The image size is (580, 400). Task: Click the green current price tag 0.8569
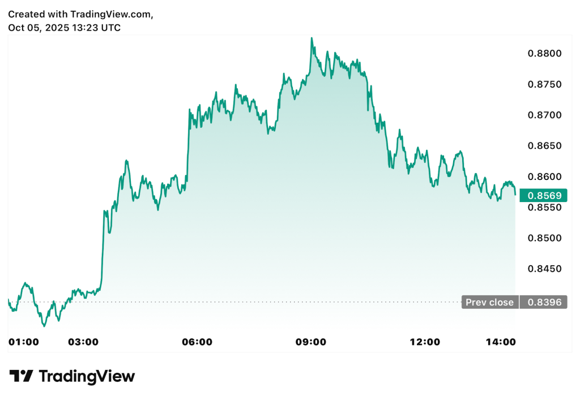tap(544, 196)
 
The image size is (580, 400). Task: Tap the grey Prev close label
tap(490, 302)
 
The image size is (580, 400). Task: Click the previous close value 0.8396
tap(544, 302)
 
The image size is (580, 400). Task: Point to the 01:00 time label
tap(24, 342)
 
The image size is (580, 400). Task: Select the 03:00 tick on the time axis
tap(83, 342)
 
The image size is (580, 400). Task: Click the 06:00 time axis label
tap(197, 342)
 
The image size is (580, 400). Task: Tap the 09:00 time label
tap(311, 342)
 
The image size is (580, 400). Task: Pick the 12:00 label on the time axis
tap(425, 342)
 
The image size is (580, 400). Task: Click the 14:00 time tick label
tap(501, 342)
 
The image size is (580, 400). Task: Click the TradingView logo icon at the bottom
tap(22, 376)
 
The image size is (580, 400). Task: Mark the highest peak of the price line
tap(312, 38)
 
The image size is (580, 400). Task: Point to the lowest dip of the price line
tap(44, 326)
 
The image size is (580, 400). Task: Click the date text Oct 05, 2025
tap(39, 27)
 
